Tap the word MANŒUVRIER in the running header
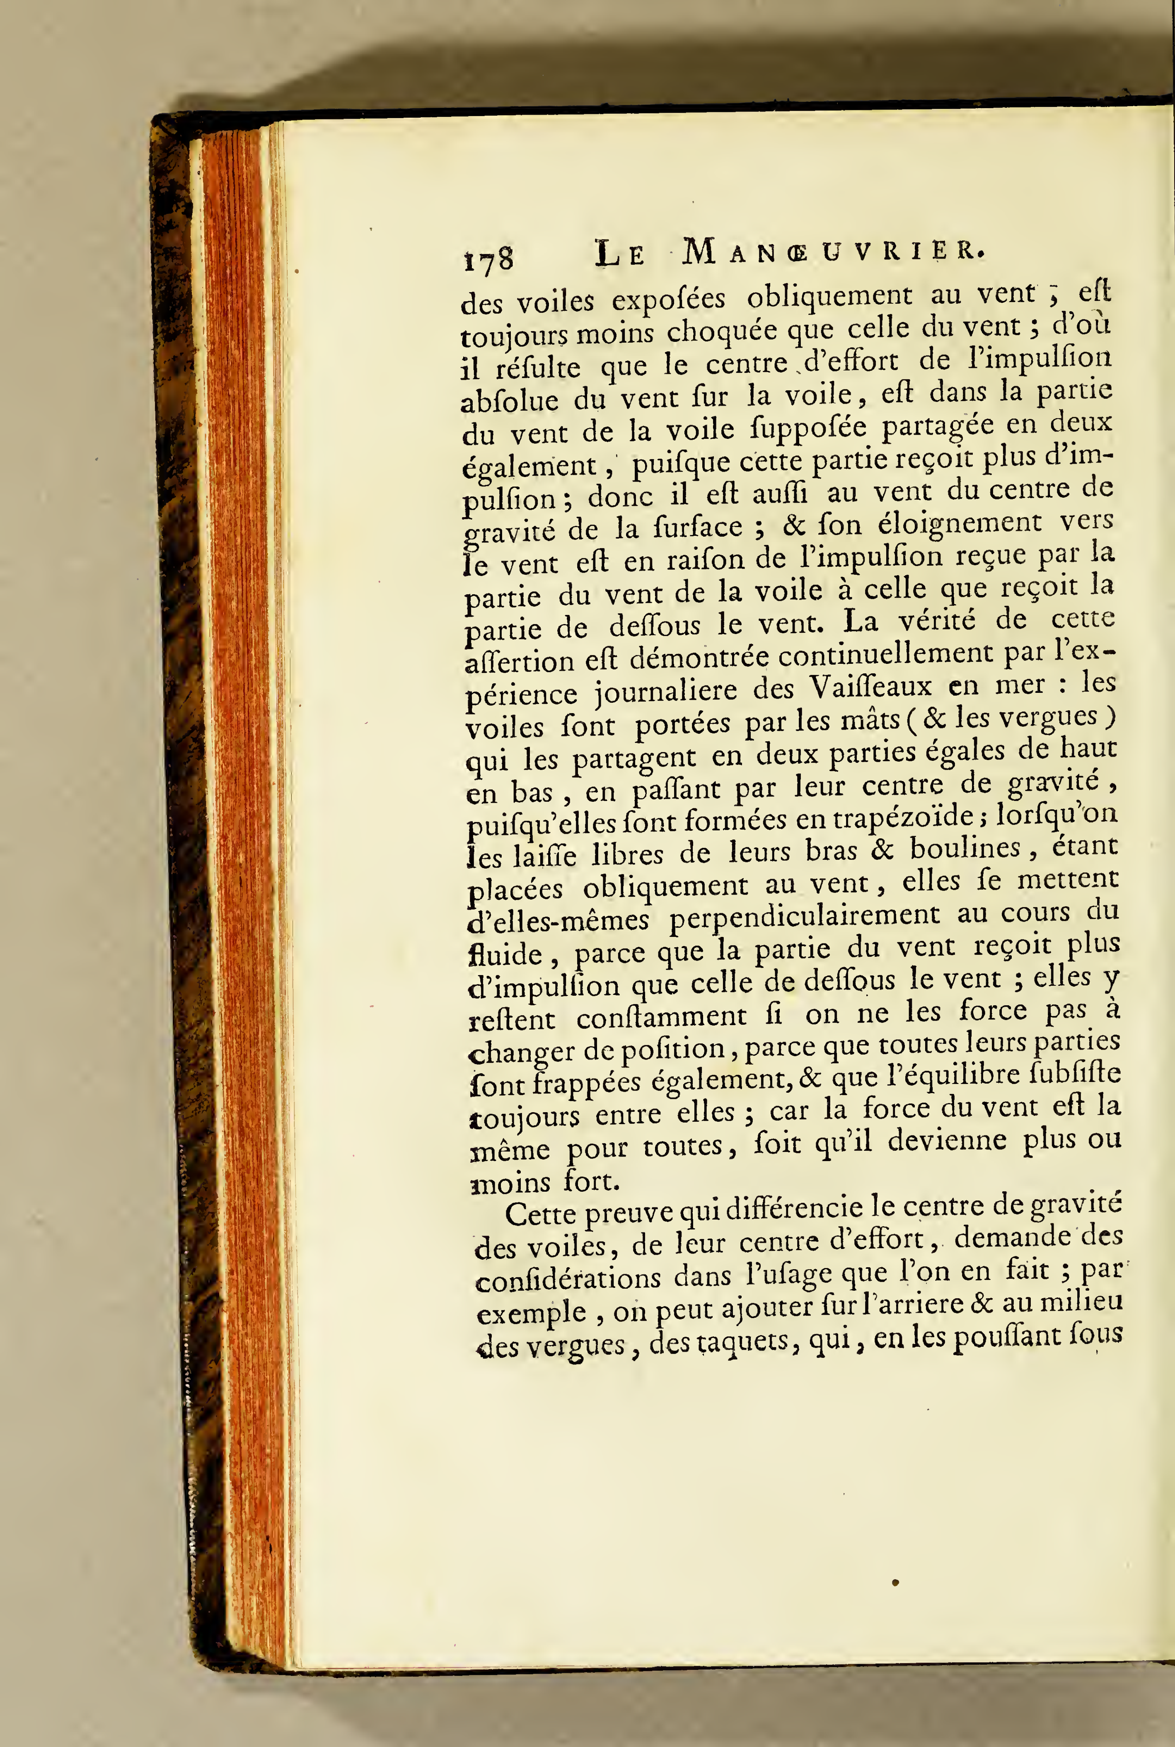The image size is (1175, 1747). point(832,253)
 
